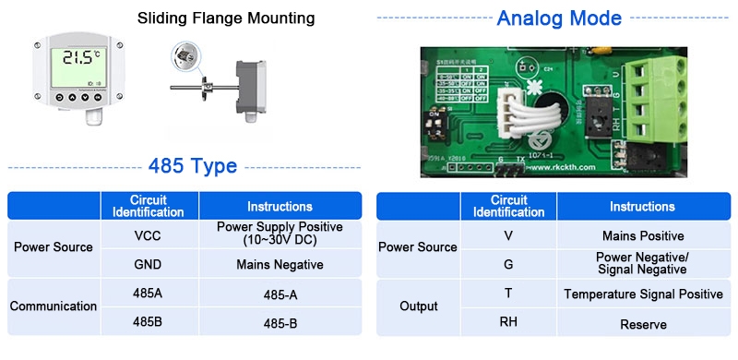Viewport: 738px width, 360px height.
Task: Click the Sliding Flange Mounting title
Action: (226, 18)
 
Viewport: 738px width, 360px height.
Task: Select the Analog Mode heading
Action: (559, 18)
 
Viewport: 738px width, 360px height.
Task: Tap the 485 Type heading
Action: (193, 166)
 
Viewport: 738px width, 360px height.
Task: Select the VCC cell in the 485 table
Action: (149, 235)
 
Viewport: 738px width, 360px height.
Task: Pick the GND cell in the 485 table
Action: (149, 264)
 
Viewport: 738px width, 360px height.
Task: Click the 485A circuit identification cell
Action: (149, 294)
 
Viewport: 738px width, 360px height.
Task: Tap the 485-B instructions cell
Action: (280, 323)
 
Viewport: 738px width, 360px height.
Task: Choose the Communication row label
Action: (54, 306)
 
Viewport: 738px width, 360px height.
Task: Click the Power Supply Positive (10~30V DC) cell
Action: (280, 233)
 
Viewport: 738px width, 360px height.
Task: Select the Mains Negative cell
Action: (280, 264)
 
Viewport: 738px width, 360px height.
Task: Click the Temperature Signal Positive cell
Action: (643, 294)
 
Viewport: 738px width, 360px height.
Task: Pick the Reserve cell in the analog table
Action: (643, 324)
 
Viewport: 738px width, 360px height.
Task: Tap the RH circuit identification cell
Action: (508, 322)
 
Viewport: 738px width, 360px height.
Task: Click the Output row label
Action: (418, 306)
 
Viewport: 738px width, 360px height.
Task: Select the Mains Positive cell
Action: (643, 235)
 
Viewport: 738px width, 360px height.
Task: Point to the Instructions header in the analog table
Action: (643, 206)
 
